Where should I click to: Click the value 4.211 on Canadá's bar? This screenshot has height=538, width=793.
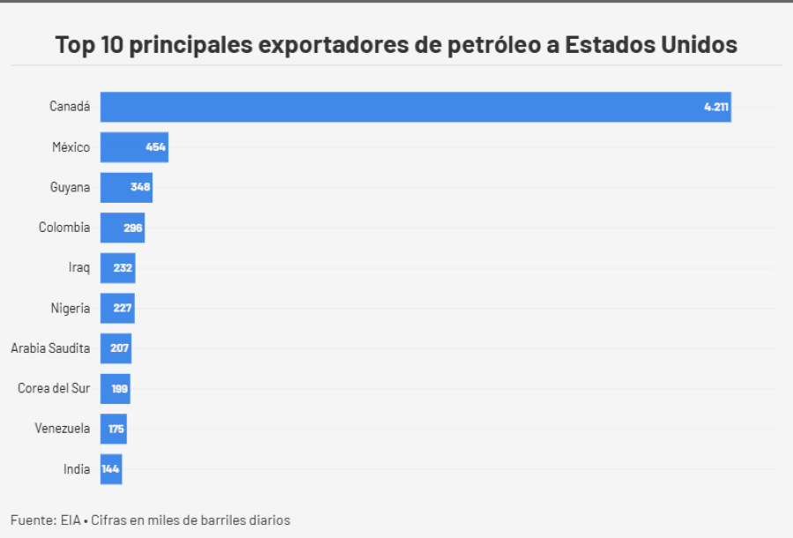[716, 107]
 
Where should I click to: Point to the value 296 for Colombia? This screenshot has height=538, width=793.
[133, 228]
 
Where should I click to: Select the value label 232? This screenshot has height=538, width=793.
[123, 267]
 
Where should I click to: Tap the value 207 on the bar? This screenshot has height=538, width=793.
[120, 348]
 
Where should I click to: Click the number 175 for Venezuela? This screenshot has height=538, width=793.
[116, 429]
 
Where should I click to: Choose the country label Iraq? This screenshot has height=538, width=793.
[79, 267]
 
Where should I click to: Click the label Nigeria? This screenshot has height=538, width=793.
[70, 308]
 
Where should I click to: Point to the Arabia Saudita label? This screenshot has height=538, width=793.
[50, 348]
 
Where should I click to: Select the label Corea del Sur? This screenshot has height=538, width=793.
[54, 388]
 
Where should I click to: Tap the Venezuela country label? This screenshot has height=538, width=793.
[63, 429]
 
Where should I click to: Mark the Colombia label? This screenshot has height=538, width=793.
[64, 228]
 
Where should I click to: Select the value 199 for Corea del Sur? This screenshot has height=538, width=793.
[120, 388]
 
